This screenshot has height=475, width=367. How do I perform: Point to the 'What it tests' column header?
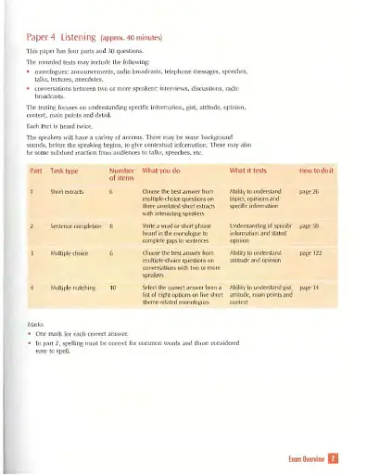(x=249, y=172)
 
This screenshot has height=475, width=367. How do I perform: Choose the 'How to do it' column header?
(x=316, y=172)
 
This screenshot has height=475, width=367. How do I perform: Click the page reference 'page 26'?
(x=310, y=191)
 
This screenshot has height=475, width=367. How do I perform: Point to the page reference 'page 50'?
(x=310, y=225)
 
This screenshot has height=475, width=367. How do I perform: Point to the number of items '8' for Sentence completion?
(x=111, y=225)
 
